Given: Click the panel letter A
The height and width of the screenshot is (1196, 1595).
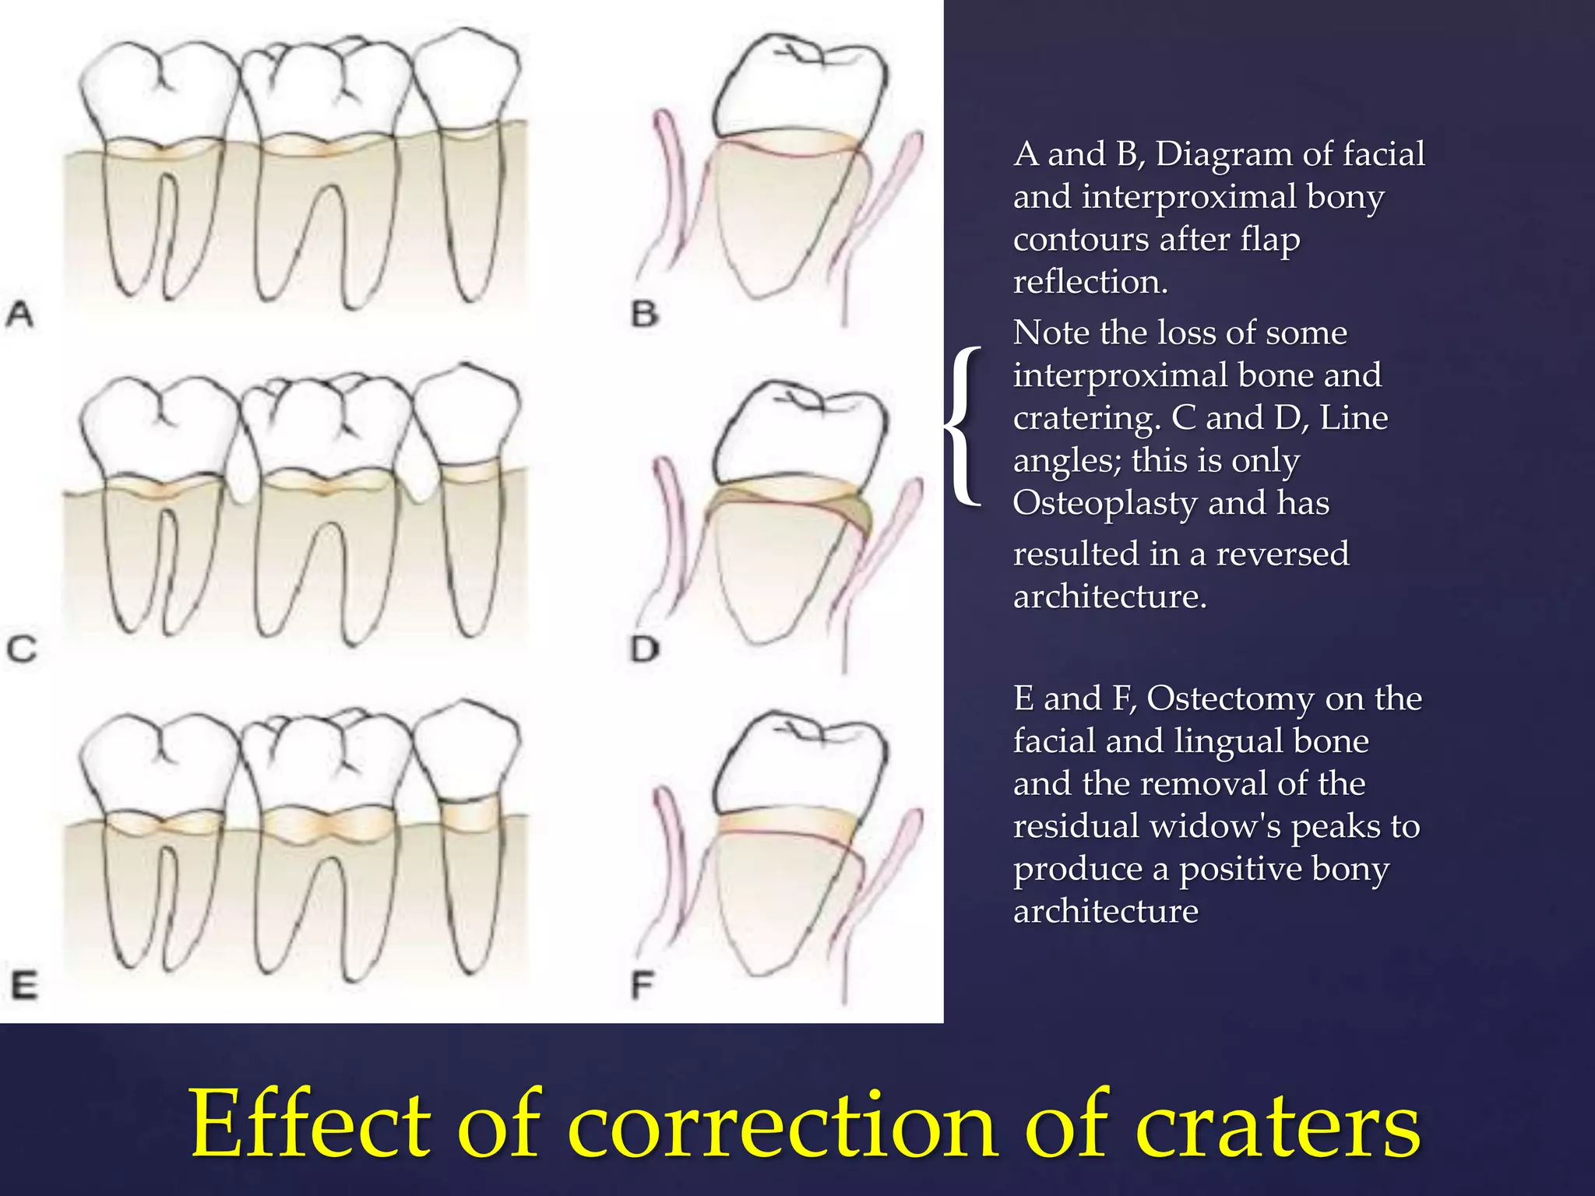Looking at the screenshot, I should [20, 315].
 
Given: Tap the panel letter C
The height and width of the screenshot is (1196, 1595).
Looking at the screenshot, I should [22, 649].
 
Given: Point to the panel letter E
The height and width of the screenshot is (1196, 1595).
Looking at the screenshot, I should [23, 986].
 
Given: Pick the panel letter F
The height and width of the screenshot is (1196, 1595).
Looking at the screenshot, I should [643, 986].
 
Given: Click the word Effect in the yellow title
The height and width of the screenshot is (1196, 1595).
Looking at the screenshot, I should [310, 1124].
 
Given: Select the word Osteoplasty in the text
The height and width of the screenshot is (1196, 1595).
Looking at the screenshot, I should [1104, 504].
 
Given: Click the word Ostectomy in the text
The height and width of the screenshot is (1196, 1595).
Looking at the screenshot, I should [1231, 698].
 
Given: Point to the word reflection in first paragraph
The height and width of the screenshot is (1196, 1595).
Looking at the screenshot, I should [1090, 282].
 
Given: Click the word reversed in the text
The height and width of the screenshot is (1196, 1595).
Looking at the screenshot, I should [1282, 554].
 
